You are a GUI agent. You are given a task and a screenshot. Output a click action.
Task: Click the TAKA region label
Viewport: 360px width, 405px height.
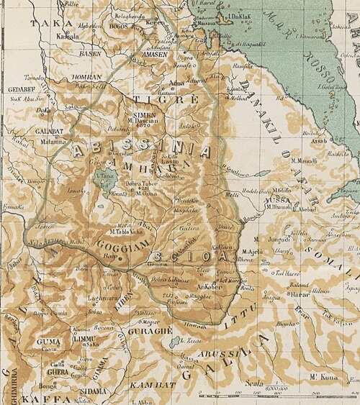(42, 23)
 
